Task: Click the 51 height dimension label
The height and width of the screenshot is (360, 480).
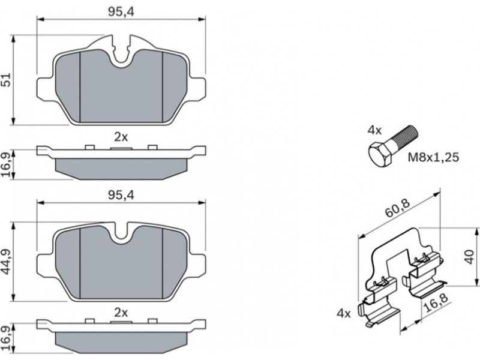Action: (7, 79)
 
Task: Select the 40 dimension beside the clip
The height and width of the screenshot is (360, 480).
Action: (469, 257)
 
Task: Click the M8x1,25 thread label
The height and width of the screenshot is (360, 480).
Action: (433, 157)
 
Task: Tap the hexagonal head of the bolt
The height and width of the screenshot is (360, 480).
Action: (380, 155)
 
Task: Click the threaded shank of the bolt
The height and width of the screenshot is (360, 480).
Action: (404, 137)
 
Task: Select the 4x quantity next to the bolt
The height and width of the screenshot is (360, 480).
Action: (374, 131)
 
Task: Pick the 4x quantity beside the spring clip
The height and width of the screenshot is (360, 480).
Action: (344, 313)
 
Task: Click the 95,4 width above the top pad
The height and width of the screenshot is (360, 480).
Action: (121, 11)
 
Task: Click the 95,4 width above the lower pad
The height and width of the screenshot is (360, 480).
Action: (121, 195)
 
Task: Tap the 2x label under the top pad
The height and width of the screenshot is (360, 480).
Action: (121, 137)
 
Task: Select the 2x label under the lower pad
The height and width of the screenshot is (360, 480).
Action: (121, 313)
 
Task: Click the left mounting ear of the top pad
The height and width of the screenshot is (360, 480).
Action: (46, 88)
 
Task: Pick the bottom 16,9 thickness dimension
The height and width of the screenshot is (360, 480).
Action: (7, 338)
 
